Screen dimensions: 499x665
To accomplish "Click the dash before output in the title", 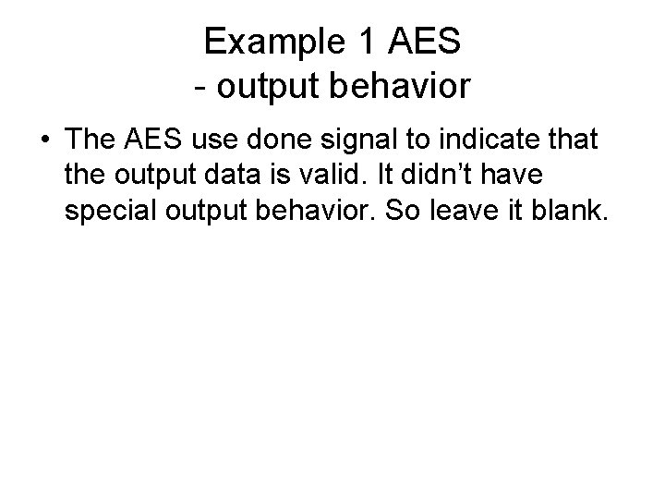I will point(200,87).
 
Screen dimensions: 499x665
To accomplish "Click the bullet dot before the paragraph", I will point(44,140).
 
